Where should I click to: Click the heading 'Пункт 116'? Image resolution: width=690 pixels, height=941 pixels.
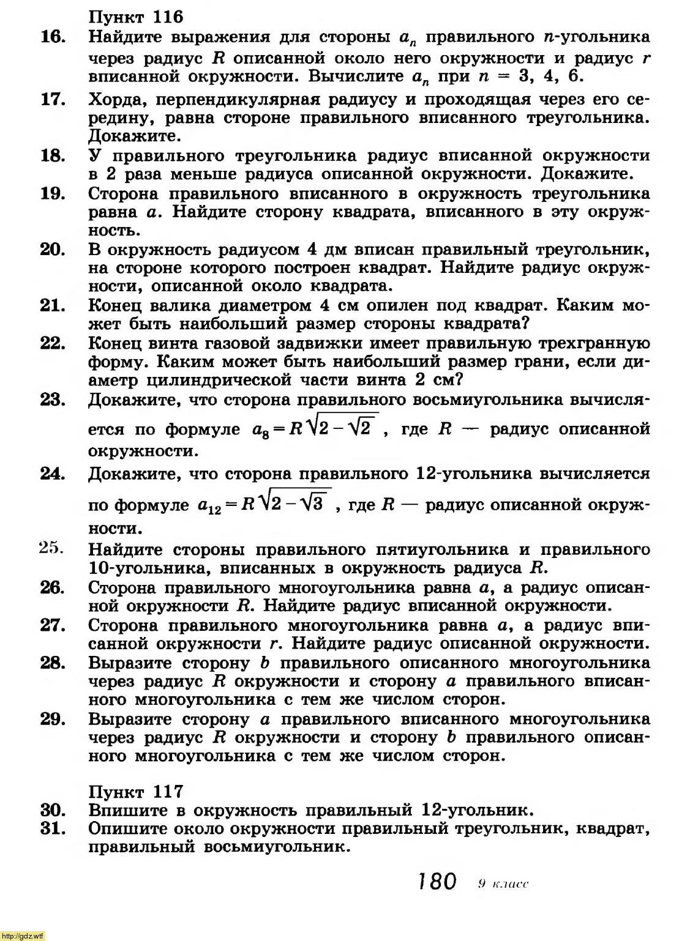135,16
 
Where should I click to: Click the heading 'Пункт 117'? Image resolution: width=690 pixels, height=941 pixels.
135,791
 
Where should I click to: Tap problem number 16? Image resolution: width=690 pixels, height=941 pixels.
53,37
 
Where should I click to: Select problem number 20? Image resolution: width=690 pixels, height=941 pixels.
53,250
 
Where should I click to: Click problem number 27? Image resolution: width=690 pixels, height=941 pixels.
53,625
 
